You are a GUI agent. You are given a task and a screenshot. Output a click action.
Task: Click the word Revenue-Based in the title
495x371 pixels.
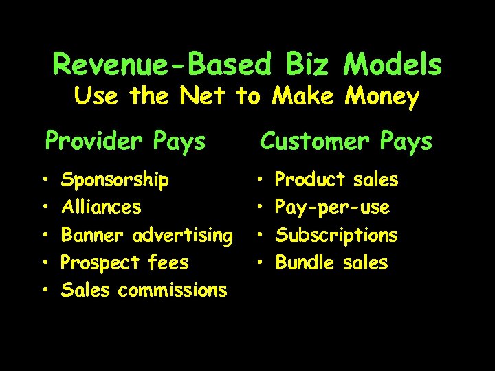click(162, 65)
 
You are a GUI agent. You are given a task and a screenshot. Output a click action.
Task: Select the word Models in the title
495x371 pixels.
click(393, 65)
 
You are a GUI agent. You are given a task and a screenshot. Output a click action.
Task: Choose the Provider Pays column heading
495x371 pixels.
click(125, 142)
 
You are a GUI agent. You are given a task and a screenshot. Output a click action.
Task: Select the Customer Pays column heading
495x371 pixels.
click(345, 142)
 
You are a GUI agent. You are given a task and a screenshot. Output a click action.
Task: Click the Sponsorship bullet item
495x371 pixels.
click(115, 180)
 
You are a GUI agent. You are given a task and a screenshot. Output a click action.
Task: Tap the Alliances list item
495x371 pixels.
click(101, 207)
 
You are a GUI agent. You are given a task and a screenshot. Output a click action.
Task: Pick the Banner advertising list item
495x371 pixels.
click(147, 235)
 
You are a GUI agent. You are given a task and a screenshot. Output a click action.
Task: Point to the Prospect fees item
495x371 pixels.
click(125, 262)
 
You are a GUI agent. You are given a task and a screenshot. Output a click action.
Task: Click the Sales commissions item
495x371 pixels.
click(144, 290)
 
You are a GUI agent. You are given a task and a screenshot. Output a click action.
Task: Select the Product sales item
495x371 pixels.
click(336, 180)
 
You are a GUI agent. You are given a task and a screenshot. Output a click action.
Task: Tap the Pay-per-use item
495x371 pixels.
click(332, 207)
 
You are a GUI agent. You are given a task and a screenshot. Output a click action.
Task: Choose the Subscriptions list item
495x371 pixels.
click(336, 235)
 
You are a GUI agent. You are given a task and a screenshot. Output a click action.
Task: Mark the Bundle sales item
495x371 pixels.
click(331, 262)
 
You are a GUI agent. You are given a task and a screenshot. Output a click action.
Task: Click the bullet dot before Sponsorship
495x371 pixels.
click(45, 181)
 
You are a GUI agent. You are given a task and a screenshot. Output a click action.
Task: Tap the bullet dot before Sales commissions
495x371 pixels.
click(45, 291)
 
